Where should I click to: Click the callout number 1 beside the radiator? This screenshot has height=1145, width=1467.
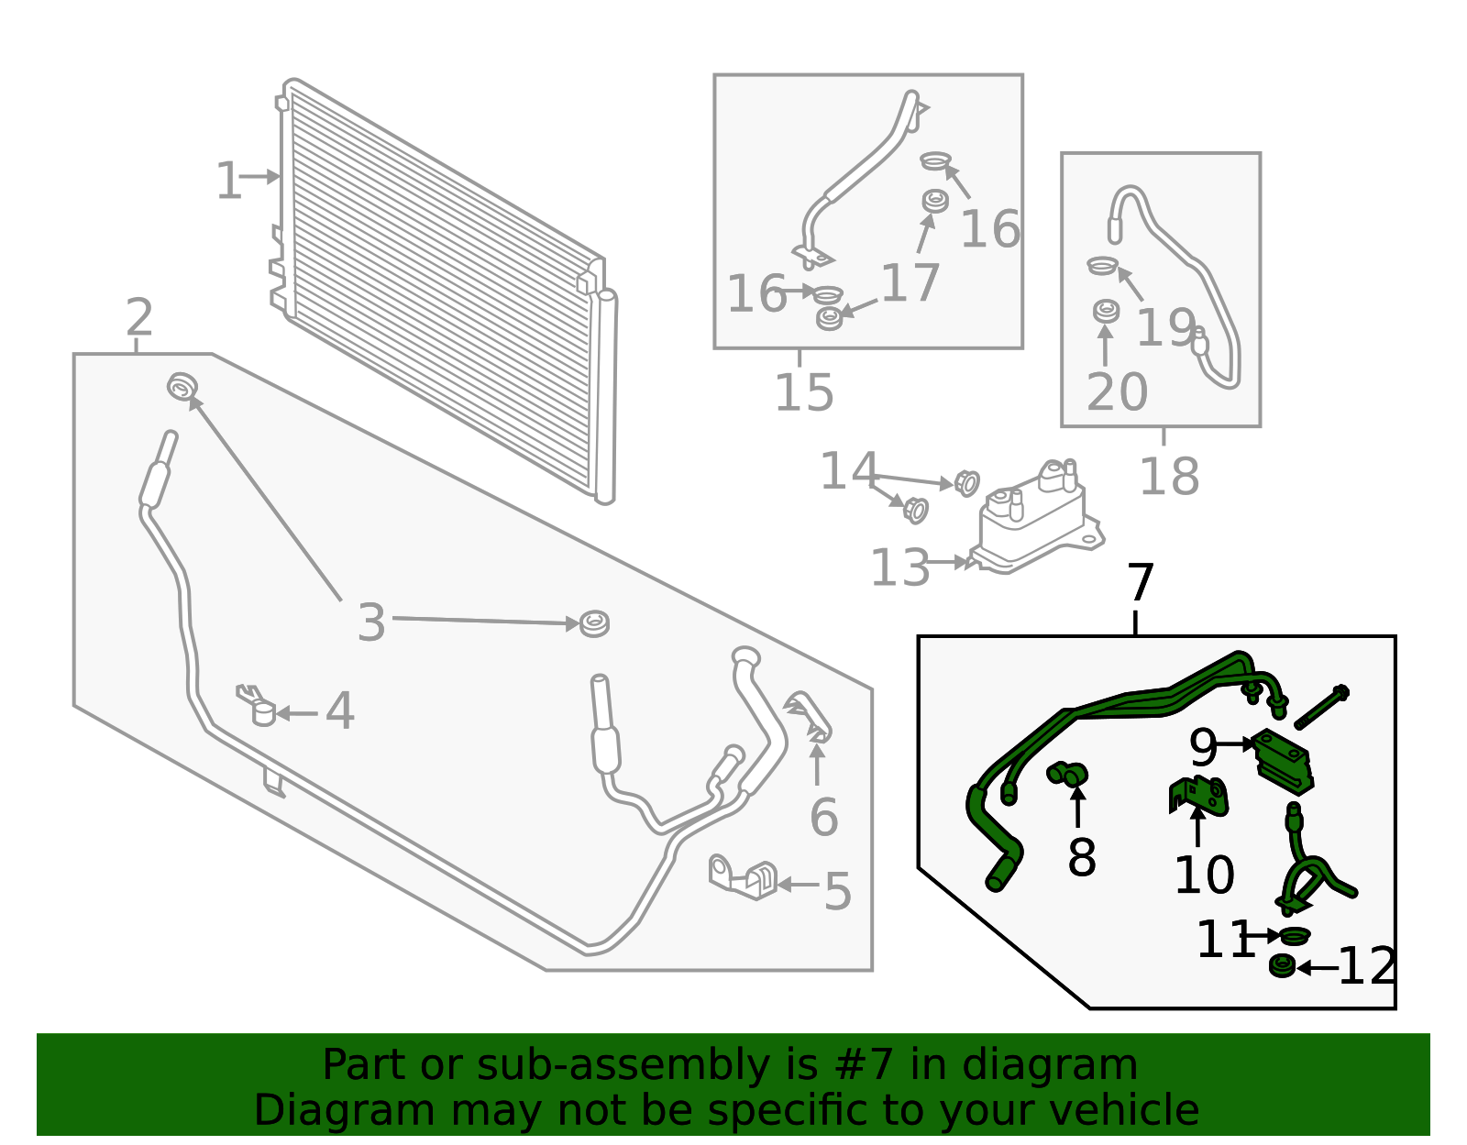pyautogui.click(x=227, y=181)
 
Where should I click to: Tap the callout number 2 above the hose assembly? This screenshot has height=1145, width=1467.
pyautogui.click(x=139, y=317)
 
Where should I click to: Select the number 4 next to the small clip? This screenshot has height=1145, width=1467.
pyautogui.click(x=339, y=711)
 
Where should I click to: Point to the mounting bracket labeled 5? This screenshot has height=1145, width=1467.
pyautogui.click(x=744, y=877)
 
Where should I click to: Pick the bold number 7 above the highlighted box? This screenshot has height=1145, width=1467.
pyautogui.click(x=1140, y=583)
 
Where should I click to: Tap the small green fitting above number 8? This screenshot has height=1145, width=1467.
pyautogui.click(x=1067, y=775)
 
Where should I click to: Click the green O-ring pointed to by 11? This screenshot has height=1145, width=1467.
pyautogui.click(x=1294, y=935)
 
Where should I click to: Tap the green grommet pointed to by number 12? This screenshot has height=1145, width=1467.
pyautogui.click(x=1282, y=966)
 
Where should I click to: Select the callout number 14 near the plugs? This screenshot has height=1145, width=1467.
pyautogui.click(x=848, y=471)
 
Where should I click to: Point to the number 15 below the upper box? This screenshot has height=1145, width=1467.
pyautogui.click(x=804, y=392)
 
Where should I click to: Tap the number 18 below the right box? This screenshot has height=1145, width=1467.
pyautogui.click(x=1168, y=477)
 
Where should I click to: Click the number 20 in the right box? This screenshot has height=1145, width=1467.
pyautogui.click(x=1116, y=392)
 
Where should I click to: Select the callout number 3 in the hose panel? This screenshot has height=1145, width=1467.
pyautogui.click(x=370, y=622)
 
